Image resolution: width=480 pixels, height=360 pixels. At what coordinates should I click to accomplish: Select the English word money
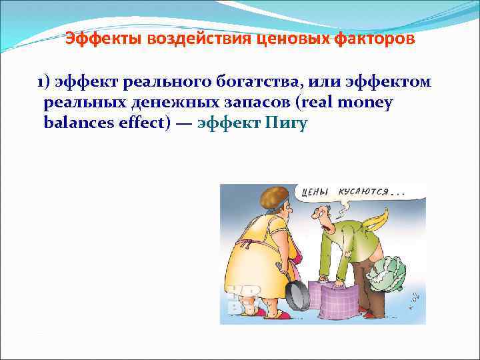tap(366, 103)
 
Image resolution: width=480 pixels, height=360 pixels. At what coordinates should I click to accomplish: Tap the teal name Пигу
tap(286, 124)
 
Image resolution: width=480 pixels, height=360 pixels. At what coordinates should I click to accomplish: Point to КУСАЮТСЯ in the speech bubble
tap(365, 192)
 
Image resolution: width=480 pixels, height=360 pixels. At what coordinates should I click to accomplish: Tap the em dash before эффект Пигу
tap(185, 124)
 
